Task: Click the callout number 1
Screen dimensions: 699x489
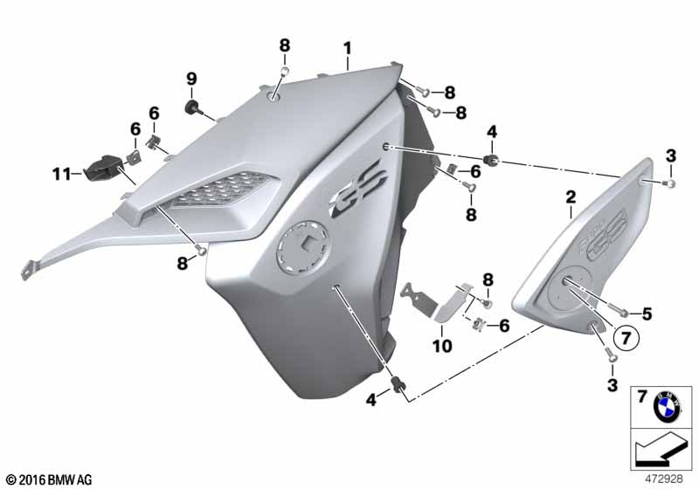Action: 347,49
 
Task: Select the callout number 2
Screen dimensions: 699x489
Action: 571,197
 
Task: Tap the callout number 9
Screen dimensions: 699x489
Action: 191,79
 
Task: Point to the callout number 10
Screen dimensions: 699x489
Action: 442,346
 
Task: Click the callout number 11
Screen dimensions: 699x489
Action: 61,174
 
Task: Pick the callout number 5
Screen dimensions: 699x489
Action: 647,314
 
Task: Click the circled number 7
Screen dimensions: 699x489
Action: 626,338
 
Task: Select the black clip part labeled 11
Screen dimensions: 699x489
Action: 105,169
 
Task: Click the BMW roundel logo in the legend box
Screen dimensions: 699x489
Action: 667,407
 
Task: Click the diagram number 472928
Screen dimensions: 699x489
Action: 664,479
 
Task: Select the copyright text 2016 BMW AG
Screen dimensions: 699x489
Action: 49,479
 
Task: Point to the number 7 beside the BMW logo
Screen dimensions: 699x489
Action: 641,396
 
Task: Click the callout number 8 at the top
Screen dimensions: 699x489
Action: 285,45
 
